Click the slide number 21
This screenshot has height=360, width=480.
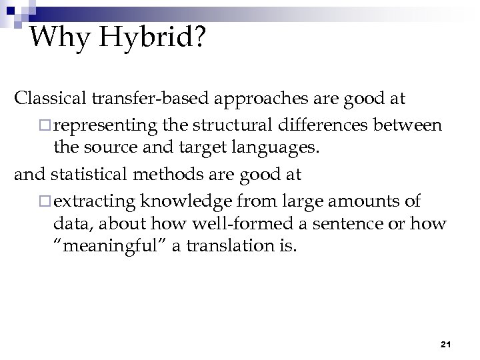pyautogui.click(x=447, y=344)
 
